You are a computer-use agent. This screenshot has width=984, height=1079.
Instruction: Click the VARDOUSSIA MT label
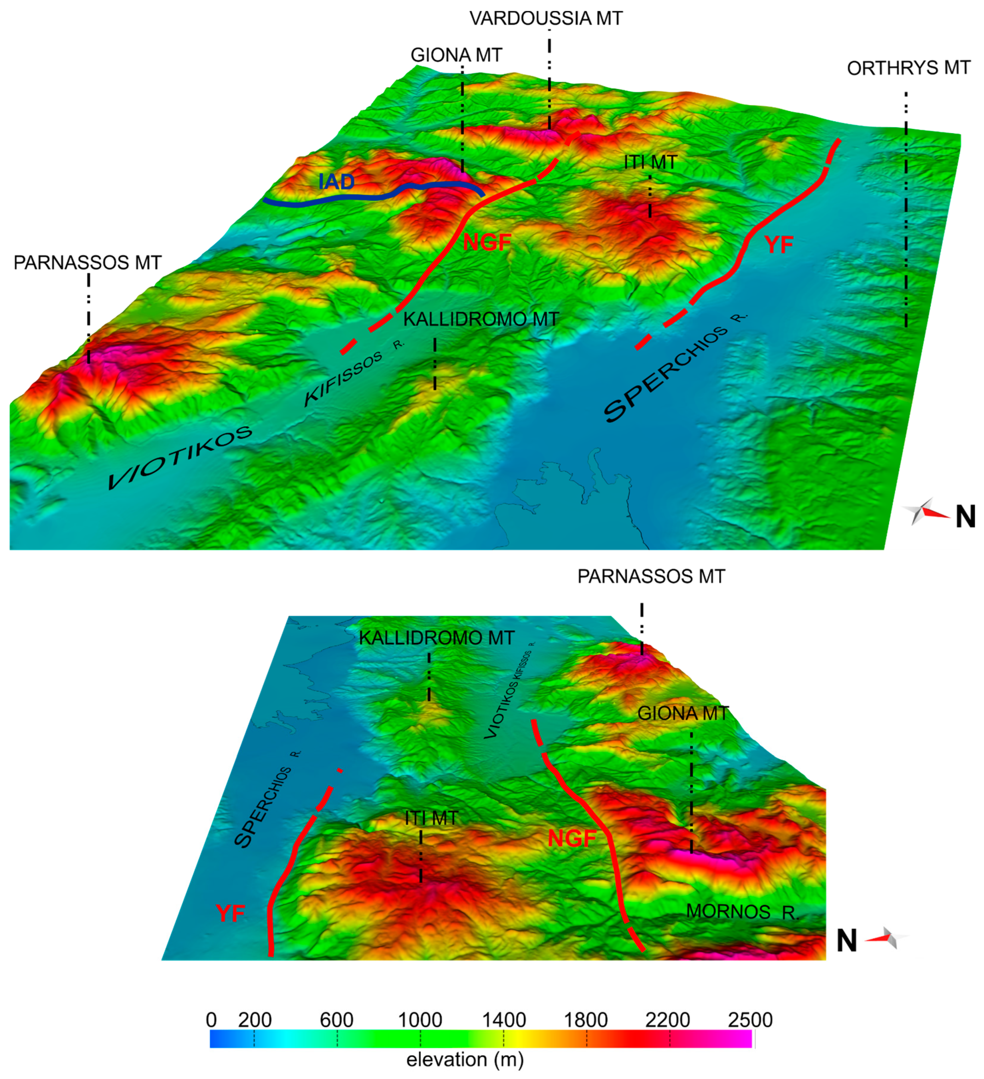(546, 19)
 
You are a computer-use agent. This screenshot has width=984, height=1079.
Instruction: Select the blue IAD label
(336, 182)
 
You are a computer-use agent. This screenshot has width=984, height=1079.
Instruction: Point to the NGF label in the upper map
(487, 243)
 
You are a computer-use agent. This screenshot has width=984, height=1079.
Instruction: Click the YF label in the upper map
(779, 245)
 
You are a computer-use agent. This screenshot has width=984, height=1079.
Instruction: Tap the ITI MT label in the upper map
(650, 162)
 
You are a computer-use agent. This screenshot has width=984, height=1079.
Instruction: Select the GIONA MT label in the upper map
(456, 55)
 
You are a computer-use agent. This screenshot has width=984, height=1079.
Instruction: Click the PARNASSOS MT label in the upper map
(87, 263)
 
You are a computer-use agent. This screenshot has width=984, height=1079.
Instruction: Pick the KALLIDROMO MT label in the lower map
(436, 638)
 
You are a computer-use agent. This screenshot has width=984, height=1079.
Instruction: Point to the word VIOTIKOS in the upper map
(180, 458)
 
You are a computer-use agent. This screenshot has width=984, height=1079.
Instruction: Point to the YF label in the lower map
(231, 913)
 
